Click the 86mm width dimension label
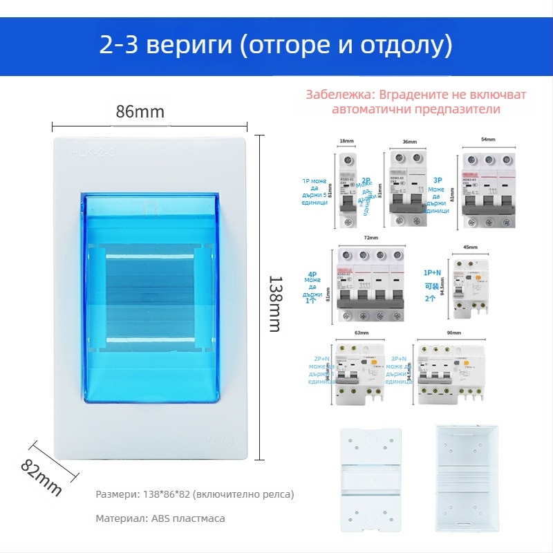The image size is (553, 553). click(x=140, y=111)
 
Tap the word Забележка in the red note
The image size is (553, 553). click(x=339, y=95)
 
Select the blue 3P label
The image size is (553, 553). click(x=438, y=180)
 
